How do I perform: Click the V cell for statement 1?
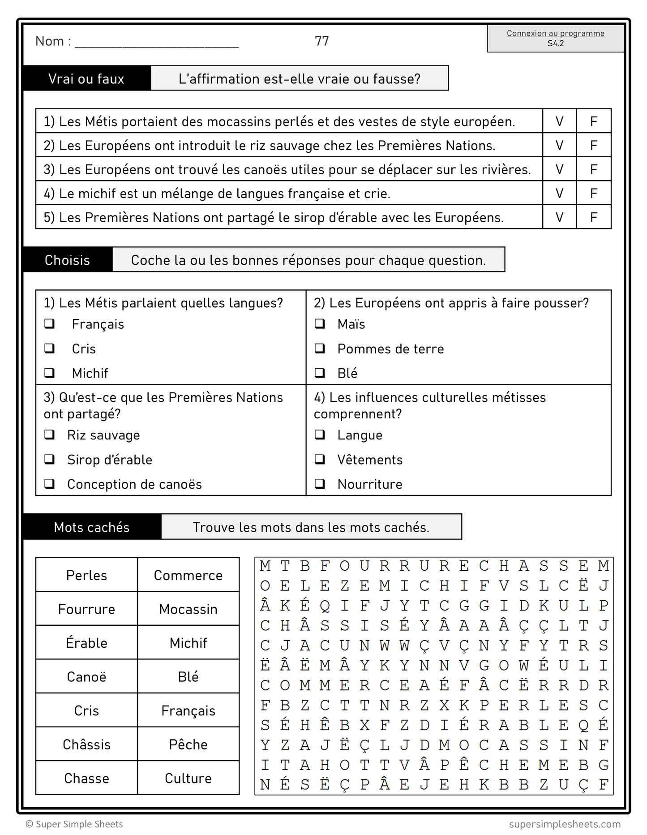(559, 121)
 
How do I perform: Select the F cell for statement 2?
(594, 146)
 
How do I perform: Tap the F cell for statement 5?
(594, 217)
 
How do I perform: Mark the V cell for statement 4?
(559, 194)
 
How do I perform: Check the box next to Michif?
(50, 373)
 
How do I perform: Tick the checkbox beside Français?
(50, 323)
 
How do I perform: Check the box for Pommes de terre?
(320, 348)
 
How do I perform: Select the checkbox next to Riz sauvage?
(50, 435)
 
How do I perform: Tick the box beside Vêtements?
(320, 459)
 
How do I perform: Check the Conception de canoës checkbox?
(50, 484)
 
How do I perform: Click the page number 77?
(322, 41)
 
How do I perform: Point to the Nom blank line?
(157, 44)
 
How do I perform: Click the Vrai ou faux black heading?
(87, 79)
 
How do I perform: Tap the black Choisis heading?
(68, 260)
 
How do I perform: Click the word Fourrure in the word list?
(87, 609)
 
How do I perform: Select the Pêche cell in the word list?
(188, 745)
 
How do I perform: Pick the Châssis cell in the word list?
(87, 745)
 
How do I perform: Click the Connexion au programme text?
(555, 33)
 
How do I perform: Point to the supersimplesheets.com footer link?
(565, 824)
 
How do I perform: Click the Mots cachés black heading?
(92, 527)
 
